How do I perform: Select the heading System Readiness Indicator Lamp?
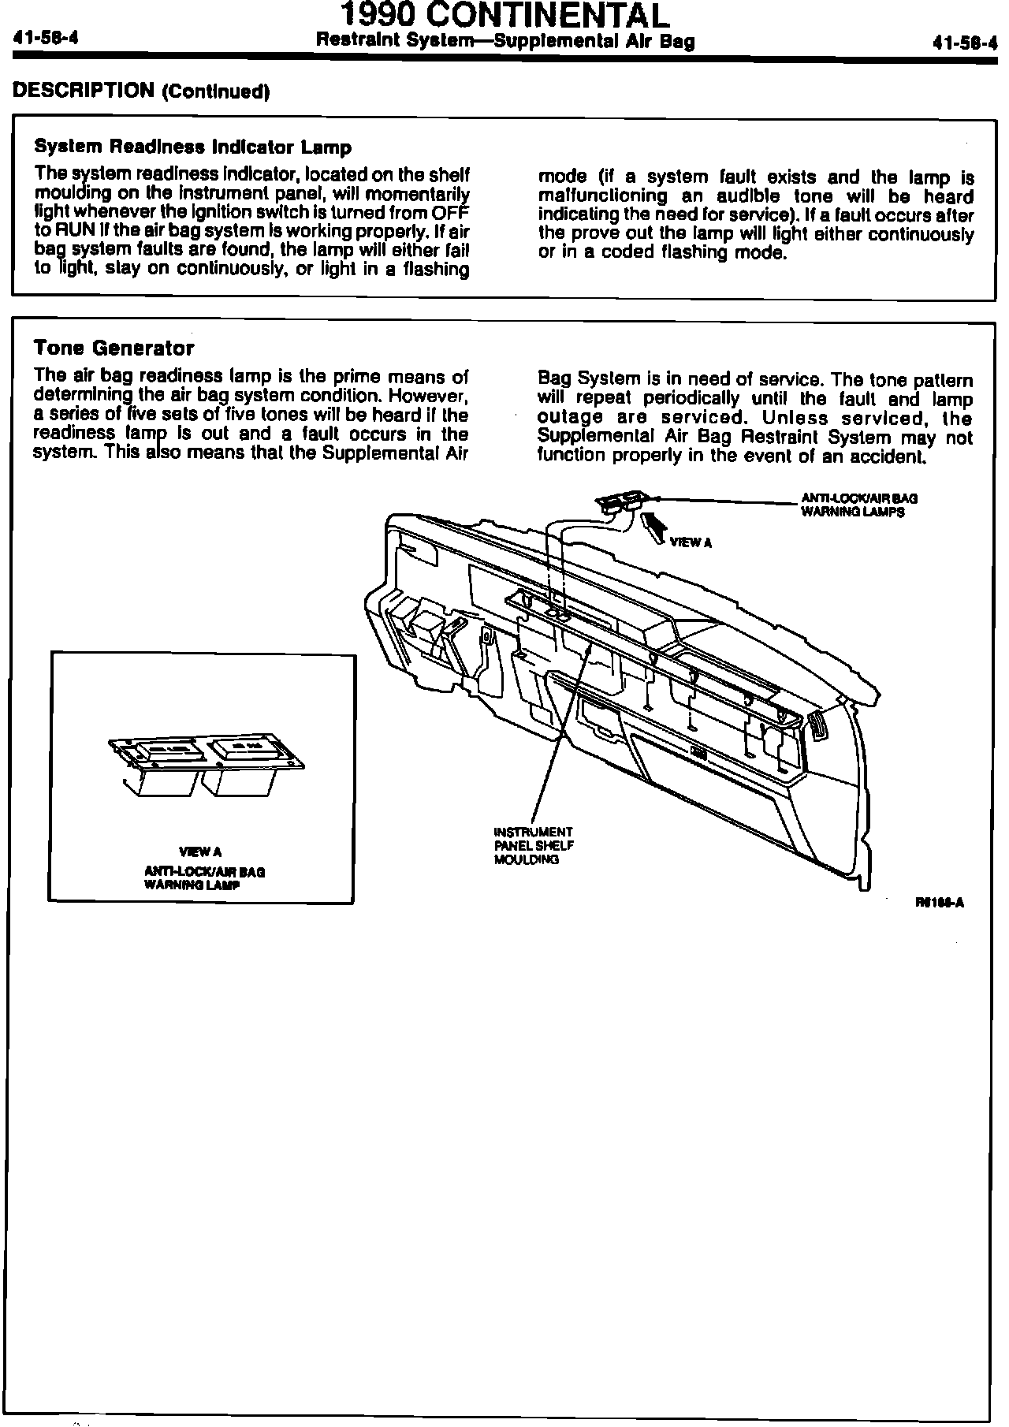193,147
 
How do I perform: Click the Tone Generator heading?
114,348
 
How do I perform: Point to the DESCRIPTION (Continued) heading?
142,91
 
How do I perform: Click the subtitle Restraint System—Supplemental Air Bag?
504,42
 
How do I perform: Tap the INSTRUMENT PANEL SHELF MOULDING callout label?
533,845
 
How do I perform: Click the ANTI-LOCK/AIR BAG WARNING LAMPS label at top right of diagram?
858,505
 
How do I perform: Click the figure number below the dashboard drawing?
940,904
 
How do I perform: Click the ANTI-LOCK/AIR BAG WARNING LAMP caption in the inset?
204,878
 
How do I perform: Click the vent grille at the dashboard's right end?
820,723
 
